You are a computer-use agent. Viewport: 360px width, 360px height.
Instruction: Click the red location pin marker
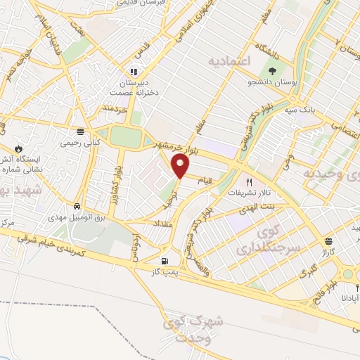pos(181,166)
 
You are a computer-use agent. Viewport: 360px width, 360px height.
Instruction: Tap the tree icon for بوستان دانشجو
pos(272,70)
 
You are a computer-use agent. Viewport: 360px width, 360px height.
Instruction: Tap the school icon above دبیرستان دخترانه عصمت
pos(133,71)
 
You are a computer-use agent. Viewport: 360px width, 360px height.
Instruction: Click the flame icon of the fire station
pos(18,149)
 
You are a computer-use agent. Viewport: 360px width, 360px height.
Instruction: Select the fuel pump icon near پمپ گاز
pos(165,261)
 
